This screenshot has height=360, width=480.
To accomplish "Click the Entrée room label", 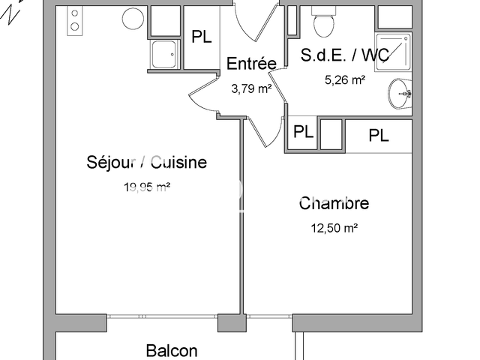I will click(251, 64).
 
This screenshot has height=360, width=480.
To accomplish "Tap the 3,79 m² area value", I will click(251, 88).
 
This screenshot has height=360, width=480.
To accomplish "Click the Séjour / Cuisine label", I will click(147, 162).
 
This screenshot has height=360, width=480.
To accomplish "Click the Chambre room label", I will click(334, 203).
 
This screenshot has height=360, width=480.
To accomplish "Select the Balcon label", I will click(172, 350).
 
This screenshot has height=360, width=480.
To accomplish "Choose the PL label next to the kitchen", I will click(202, 37).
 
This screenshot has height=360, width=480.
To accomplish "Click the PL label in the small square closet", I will click(303, 132).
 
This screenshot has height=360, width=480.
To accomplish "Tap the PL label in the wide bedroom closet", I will click(379, 136).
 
